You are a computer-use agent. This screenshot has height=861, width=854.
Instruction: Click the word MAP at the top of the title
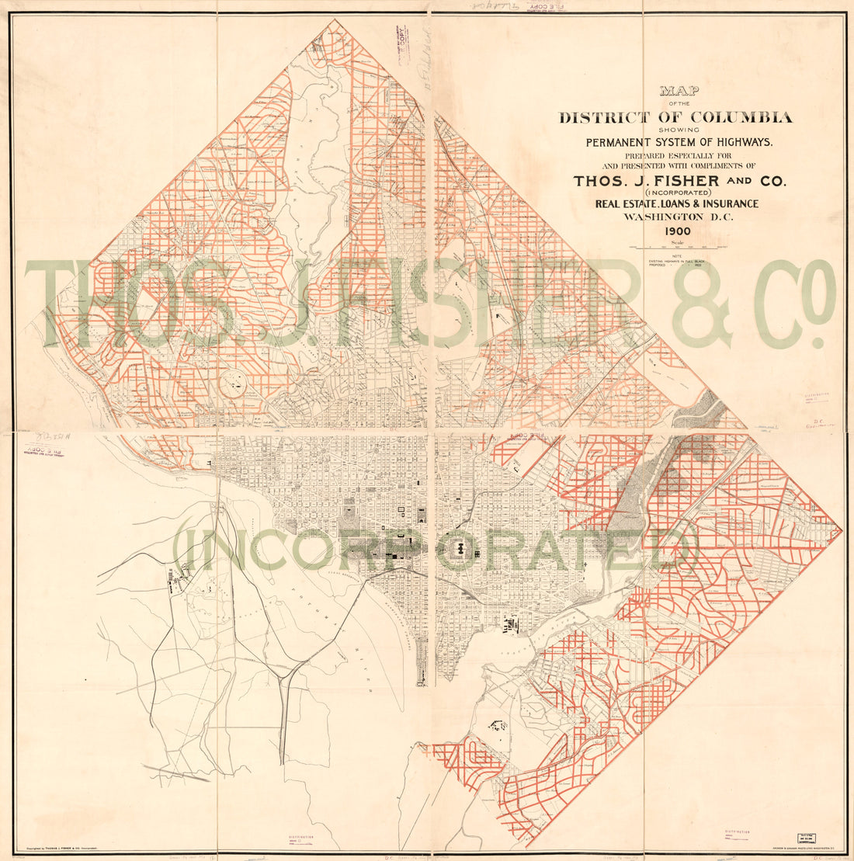679,91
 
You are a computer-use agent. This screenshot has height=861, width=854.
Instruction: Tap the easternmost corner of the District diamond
841,531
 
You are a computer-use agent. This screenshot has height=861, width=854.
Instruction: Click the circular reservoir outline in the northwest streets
233,382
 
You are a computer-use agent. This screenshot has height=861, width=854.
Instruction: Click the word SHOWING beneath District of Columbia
679,130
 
